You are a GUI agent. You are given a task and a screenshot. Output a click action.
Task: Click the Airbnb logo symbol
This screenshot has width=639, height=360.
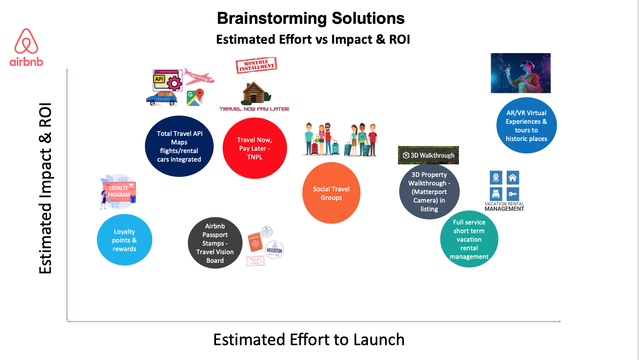click(x=26, y=41)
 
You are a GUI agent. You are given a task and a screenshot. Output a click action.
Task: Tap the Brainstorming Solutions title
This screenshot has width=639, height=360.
click(x=311, y=18)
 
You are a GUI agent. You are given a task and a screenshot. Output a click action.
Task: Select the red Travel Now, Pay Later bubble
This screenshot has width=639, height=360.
click(x=255, y=148)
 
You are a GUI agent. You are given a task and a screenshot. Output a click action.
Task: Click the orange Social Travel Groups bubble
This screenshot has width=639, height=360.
click(x=331, y=193)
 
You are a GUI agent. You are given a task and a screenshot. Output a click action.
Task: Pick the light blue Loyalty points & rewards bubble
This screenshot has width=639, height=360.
click(x=124, y=240)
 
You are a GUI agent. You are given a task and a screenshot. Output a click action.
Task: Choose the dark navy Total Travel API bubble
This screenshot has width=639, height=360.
click(x=179, y=146)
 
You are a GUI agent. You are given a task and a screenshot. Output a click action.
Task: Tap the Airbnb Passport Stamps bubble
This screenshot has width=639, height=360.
click(x=215, y=243)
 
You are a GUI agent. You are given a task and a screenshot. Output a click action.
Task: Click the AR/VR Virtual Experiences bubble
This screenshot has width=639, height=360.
click(x=526, y=125)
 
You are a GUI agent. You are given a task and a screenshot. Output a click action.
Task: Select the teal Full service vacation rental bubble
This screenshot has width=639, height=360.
click(x=469, y=239)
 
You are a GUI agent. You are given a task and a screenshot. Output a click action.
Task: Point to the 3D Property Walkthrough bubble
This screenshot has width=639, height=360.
click(x=429, y=192)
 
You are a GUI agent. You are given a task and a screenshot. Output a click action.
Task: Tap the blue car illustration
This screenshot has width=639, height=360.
click(x=162, y=98)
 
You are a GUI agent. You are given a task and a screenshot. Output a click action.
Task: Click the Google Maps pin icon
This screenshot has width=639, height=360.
click(x=195, y=97)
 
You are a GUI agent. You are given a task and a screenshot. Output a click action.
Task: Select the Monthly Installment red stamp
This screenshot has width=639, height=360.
click(x=256, y=65)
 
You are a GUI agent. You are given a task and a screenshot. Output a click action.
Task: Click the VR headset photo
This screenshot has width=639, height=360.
click(x=520, y=73)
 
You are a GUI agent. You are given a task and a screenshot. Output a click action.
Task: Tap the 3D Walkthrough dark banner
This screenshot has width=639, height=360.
click(x=428, y=155)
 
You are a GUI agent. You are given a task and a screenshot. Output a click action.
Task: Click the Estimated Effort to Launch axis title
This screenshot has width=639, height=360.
click(x=309, y=340)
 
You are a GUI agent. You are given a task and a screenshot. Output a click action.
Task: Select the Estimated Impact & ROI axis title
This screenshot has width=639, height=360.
click(x=45, y=188)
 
